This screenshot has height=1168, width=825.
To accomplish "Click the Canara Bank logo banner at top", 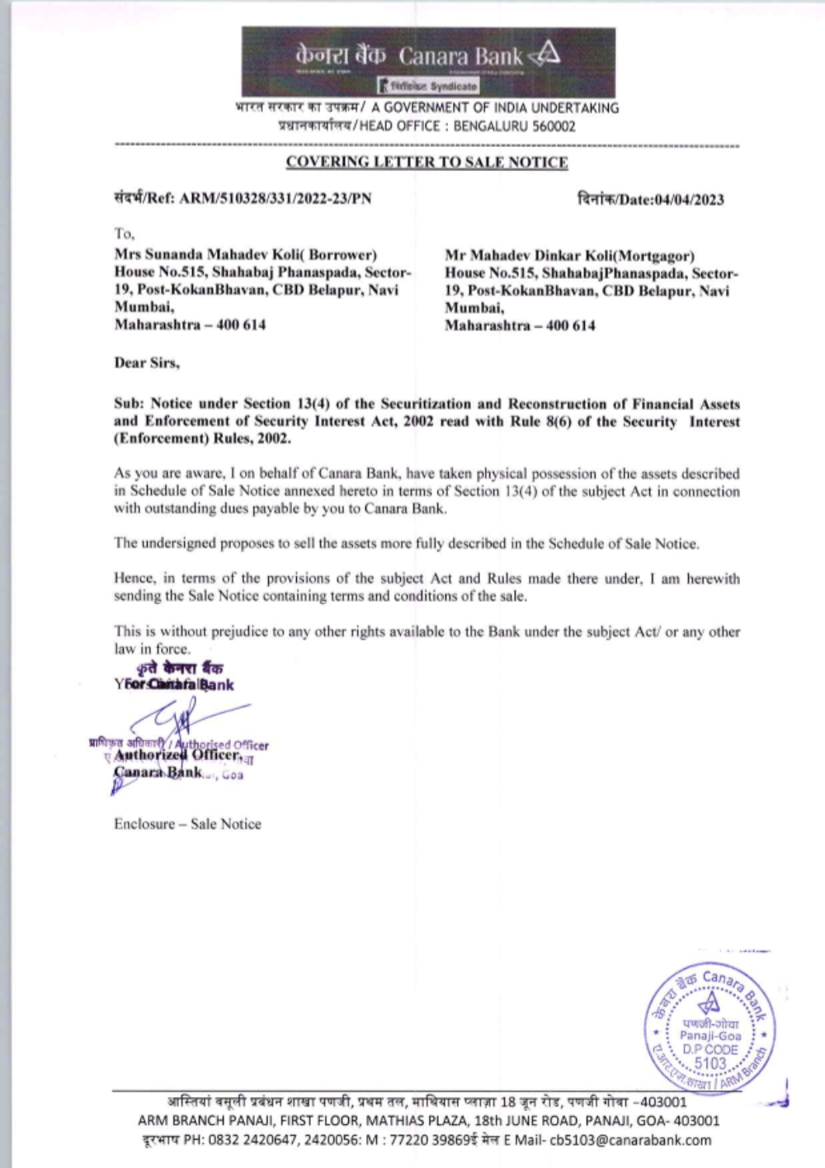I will (428, 61).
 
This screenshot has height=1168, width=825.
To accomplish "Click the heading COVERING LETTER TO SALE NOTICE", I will (427, 162).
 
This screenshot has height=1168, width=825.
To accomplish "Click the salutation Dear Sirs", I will (147, 362).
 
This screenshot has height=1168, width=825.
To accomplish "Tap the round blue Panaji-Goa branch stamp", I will (709, 1029).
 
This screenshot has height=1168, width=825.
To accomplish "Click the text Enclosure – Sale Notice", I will (187, 824).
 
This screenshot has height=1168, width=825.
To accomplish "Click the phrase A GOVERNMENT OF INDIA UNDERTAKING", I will (494, 107).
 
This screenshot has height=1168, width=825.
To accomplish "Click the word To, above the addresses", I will (125, 234).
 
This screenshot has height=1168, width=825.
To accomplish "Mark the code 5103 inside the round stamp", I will (709, 1063).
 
